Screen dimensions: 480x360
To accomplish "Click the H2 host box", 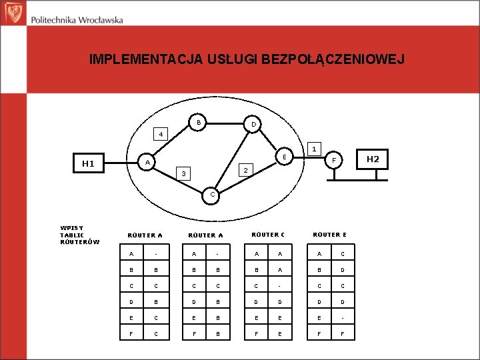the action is pyautogui.click(x=373, y=159).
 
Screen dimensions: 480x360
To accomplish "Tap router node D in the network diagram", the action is pyautogui.click(x=253, y=124).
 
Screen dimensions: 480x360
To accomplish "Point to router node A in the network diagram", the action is pyautogui.click(x=147, y=162).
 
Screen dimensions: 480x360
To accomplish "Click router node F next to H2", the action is pyautogui.click(x=336, y=161).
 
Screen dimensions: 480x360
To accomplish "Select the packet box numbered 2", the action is pyautogui.click(x=245, y=171).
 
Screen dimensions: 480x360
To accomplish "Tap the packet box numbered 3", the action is pyautogui.click(x=183, y=174).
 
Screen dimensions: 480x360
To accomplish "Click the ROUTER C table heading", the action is pyautogui.click(x=267, y=235).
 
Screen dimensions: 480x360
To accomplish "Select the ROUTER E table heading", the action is pyautogui.click(x=329, y=235).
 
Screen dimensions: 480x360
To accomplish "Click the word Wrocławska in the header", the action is pyautogui.click(x=101, y=20).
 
